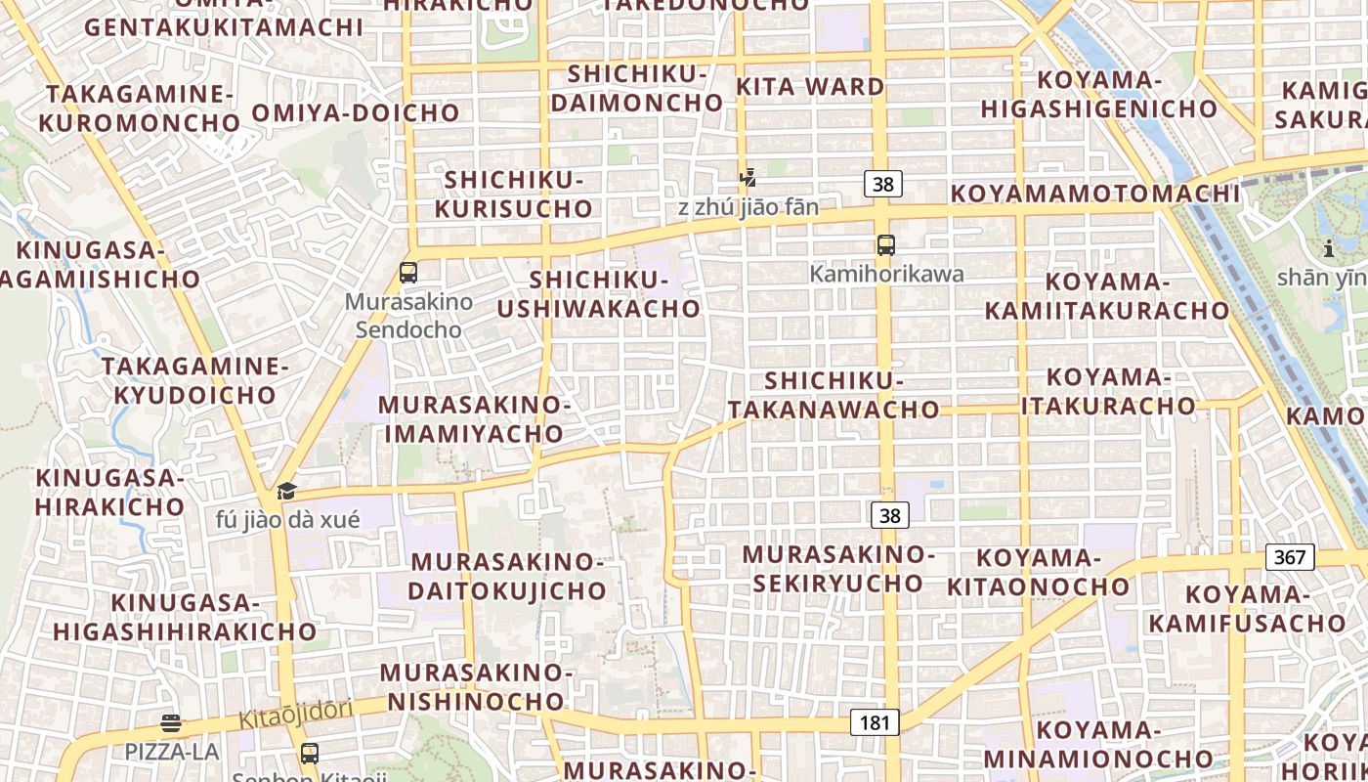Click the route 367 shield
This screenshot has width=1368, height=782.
coord(1290,557)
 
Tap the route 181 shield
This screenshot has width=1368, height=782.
coord(875,722)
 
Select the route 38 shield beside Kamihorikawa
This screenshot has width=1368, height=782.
coord(882,183)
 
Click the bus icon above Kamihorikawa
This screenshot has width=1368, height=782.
coord(885,245)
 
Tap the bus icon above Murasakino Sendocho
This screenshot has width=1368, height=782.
coord(408,273)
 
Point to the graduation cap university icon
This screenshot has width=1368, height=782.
coord(286,491)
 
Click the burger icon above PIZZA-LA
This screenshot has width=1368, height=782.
coord(171,724)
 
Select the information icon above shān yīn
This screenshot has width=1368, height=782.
coord(1328,248)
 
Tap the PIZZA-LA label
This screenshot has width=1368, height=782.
coord(171,752)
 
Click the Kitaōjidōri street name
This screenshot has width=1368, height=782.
coord(295,714)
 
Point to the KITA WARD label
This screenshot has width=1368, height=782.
coord(810,86)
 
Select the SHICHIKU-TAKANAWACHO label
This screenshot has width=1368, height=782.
coord(834,395)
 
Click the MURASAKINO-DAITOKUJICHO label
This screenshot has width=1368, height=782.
coord(507,577)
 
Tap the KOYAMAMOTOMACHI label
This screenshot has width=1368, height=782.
coord(1095,194)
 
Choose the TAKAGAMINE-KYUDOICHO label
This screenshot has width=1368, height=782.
coord(195,381)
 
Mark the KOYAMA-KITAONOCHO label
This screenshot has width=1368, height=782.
coord(1039,573)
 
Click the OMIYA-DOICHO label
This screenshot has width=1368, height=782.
coord(356,112)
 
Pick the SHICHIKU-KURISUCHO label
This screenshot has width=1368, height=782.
coord(514,195)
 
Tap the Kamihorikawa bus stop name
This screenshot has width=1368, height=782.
coord(886,274)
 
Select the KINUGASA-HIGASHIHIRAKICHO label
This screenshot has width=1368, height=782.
coord(185,617)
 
